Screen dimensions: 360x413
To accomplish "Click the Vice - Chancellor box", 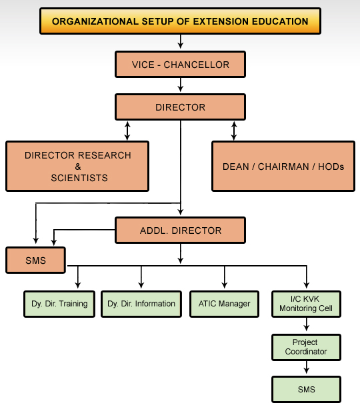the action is (x=180, y=65).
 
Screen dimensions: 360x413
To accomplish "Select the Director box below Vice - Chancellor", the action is (x=180, y=107).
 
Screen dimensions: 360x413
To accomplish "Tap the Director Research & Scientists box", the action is (x=77, y=167).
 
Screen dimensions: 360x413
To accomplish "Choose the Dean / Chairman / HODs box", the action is (x=283, y=167).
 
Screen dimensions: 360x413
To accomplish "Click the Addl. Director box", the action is (x=180, y=230).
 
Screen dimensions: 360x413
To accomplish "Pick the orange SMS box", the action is (x=35, y=260).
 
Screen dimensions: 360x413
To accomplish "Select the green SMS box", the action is (x=306, y=389).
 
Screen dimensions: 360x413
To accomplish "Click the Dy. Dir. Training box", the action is (x=59, y=304).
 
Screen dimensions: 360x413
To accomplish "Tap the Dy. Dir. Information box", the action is (x=141, y=304).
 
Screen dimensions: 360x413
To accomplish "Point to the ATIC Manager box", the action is (x=224, y=304).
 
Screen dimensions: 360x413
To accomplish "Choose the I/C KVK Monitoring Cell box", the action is (x=306, y=304).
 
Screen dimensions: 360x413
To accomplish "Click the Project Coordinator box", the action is (x=306, y=347).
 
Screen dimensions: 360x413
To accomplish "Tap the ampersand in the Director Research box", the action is (x=78, y=167).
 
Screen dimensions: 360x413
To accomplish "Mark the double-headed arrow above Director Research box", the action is (x=127, y=131).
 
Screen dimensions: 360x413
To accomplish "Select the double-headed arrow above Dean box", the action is (x=234, y=131).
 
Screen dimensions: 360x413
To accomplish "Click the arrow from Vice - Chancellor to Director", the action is (x=181, y=85).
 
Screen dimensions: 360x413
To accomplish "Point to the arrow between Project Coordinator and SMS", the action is (x=306, y=367).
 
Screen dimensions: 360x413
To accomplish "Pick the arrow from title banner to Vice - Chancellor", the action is (x=181, y=41).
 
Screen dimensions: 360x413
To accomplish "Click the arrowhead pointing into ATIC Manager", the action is (x=225, y=285).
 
